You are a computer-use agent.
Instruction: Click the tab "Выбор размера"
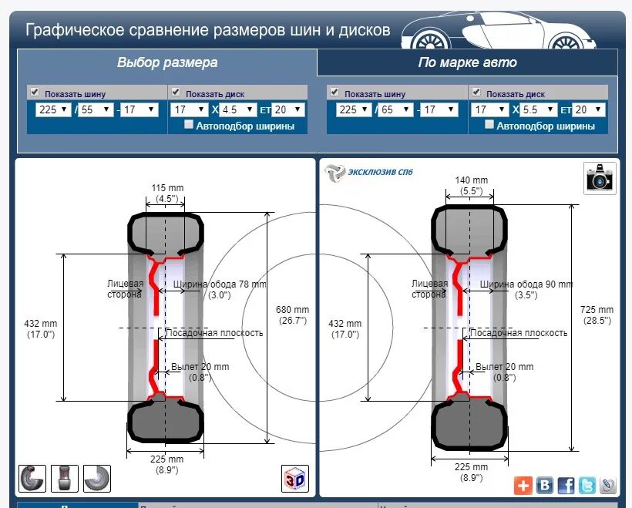167,62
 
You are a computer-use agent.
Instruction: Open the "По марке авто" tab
467,62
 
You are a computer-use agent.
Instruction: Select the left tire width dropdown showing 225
53,109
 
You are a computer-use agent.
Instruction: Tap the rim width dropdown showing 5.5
539,109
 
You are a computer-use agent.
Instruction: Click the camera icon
599,178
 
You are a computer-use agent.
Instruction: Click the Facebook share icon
566,485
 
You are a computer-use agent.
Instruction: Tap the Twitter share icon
587,485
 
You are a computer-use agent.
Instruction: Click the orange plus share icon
523,485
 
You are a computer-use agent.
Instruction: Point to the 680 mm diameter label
292,315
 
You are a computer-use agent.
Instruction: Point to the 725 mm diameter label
597,315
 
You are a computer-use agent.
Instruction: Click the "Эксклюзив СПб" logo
368,172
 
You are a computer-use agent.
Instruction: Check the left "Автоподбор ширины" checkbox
189,125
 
